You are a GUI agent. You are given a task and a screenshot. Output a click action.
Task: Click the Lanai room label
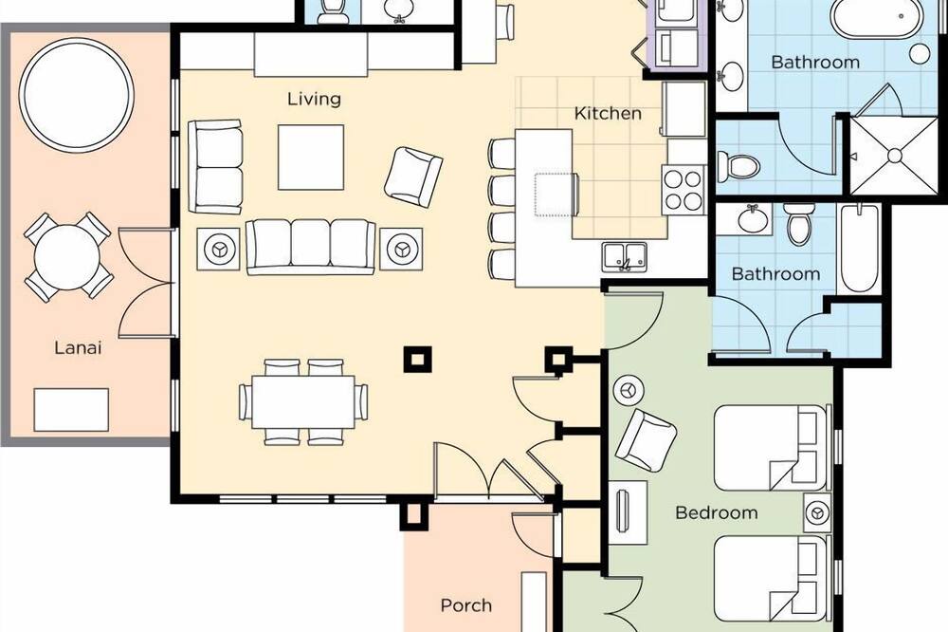[78, 347]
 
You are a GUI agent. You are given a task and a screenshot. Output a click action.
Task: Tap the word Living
[314, 99]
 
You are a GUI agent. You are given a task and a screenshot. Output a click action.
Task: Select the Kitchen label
[608, 113]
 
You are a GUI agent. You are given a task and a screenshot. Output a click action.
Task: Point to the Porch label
[465, 605]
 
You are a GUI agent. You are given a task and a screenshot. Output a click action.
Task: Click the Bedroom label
[717, 512]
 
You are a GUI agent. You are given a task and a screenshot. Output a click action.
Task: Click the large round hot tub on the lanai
[77, 95]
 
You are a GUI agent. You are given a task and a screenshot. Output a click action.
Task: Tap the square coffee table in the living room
[311, 158]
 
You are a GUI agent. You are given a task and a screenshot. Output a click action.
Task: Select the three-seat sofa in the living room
[311, 247]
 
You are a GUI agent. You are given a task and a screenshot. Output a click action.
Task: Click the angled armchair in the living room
[413, 177]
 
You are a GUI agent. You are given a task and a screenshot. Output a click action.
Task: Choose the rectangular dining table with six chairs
[303, 402]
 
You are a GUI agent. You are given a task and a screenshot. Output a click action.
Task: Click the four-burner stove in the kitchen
[684, 190]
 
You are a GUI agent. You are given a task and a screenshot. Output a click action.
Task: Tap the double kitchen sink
[625, 256]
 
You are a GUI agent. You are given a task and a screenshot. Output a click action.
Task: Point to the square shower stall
[895, 156]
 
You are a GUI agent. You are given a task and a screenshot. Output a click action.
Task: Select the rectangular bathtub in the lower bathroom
[859, 249]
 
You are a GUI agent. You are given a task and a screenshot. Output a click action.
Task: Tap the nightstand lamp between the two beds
[817, 512]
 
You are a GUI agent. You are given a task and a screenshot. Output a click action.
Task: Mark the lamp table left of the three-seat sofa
[218, 249]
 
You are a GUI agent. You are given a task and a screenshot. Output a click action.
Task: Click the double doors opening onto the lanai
[147, 282]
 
